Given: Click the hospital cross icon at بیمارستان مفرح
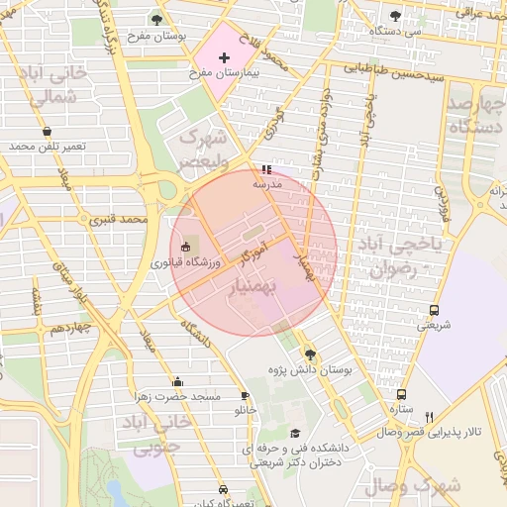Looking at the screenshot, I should tap(224, 58).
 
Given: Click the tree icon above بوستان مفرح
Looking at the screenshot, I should tap(156, 19).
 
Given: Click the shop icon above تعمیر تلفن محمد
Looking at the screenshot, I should tap(48, 131).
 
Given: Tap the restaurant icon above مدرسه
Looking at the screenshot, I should tap(265, 169).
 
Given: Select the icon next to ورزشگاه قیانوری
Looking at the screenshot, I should tap(186, 247).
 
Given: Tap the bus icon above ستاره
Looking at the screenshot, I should tap(401, 393).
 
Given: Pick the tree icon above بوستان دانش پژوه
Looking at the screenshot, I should tap(310, 355).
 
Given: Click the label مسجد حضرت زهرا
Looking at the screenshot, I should tap(178, 397).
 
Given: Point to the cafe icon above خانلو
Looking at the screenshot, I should tap(245, 396).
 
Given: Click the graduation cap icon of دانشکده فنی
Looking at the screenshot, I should tap(295, 434).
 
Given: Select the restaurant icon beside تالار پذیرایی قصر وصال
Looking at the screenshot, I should tap(429, 417).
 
